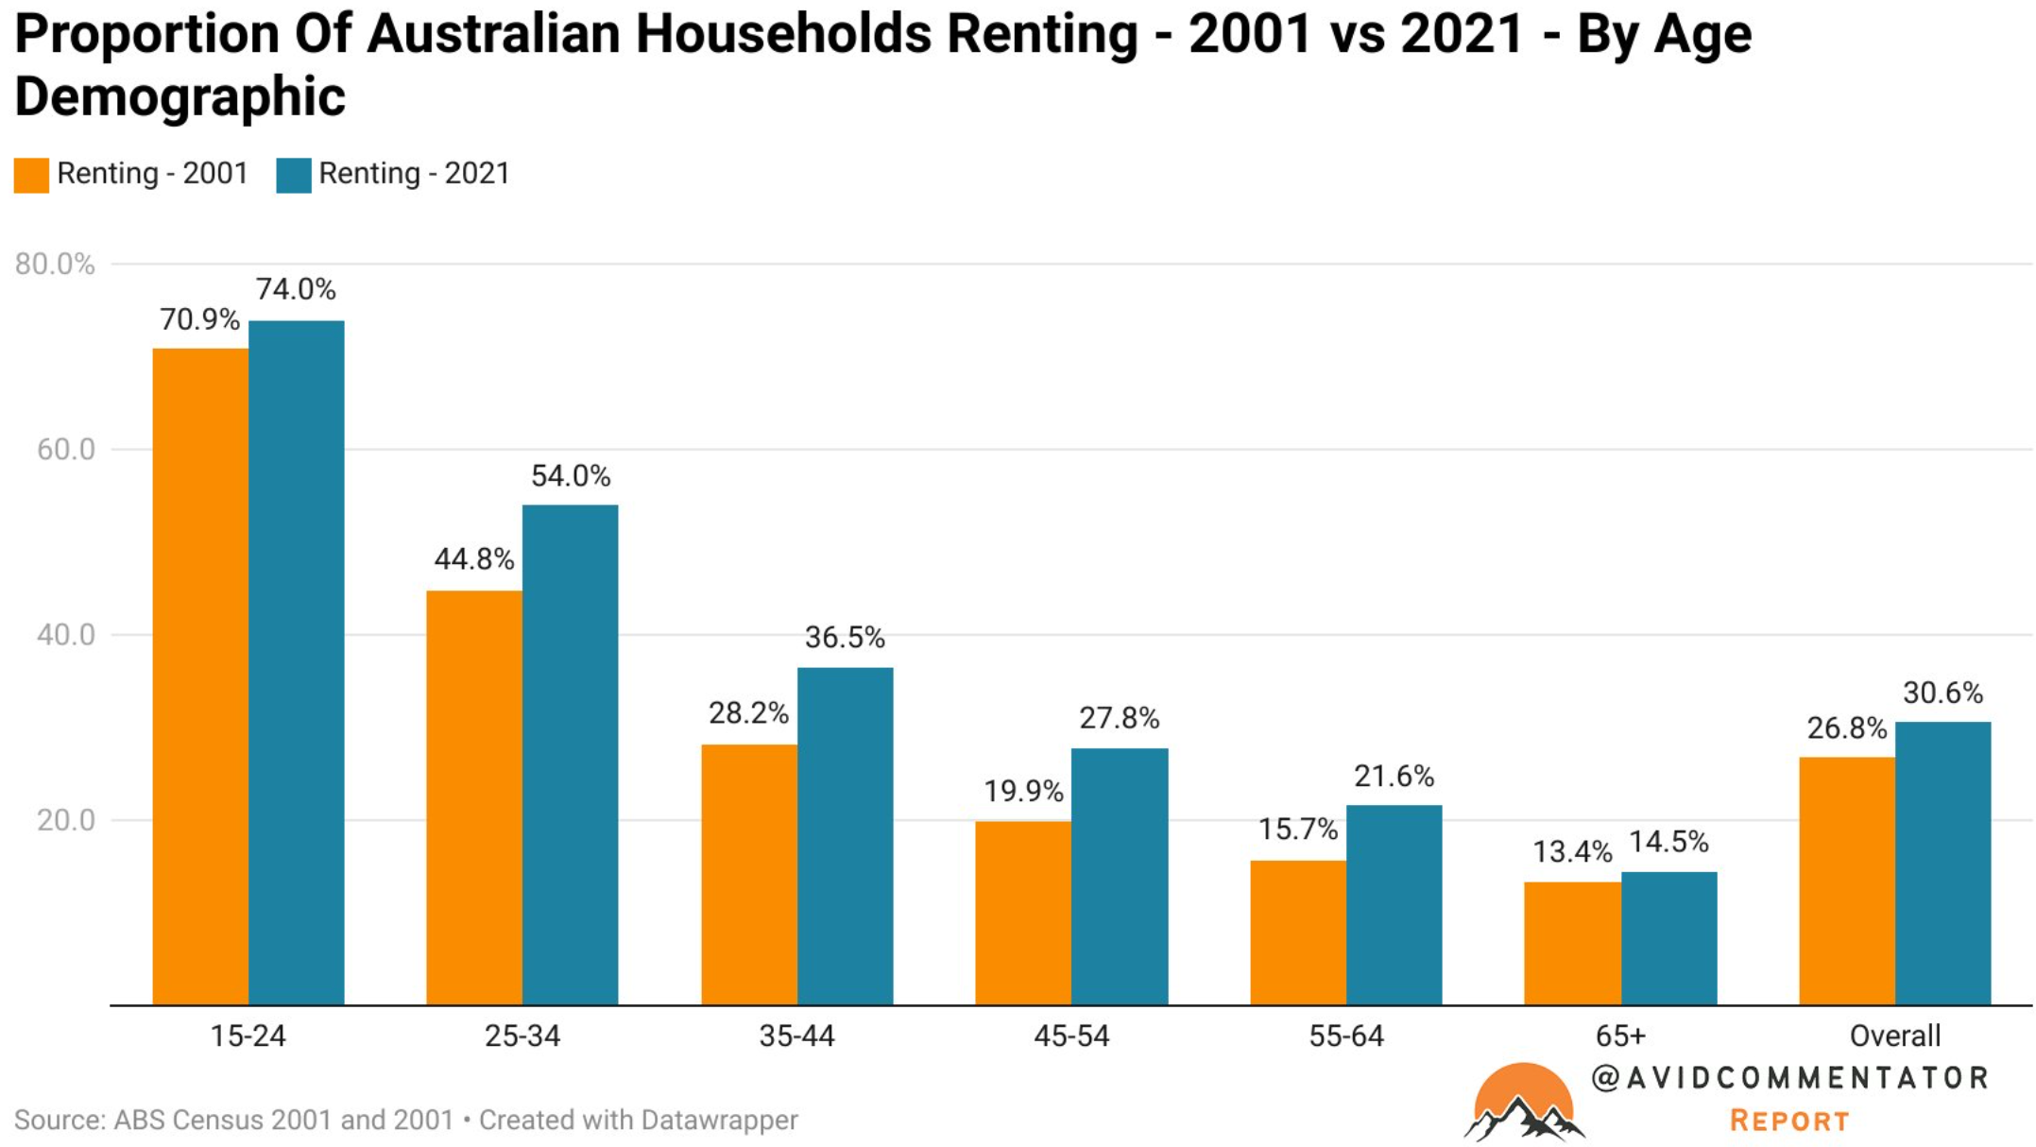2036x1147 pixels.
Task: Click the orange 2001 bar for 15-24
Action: (x=200, y=676)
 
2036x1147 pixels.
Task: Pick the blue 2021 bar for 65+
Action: (x=1668, y=937)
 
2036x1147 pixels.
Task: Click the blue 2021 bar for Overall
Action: (x=1942, y=863)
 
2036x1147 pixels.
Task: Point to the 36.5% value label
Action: (x=845, y=638)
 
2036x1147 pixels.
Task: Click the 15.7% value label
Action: (x=1297, y=830)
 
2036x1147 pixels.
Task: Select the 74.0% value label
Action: (x=296, y=289)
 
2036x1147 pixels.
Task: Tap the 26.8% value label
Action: (x=1846, y=728)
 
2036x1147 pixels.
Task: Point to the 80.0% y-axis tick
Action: (x=55, y=265)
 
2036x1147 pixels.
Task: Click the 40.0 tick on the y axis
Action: (x=66, y=635)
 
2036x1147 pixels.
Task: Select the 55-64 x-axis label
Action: (x=1345, y=1036)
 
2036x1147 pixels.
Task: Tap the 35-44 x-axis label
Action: (x=796, y=1036)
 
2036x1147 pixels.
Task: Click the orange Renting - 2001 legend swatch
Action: (x=31, y=175)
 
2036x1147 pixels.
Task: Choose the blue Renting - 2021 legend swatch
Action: (x=293, y=175)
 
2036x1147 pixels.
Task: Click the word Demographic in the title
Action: (x=180, y=96)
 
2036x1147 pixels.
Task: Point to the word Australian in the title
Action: (x=491, y=34)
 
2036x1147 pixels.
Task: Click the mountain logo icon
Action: (x=1523, y=1104)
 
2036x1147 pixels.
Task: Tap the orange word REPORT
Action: (x=1788, y=1121)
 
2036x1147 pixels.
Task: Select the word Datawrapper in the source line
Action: (x=719, y=1121)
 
